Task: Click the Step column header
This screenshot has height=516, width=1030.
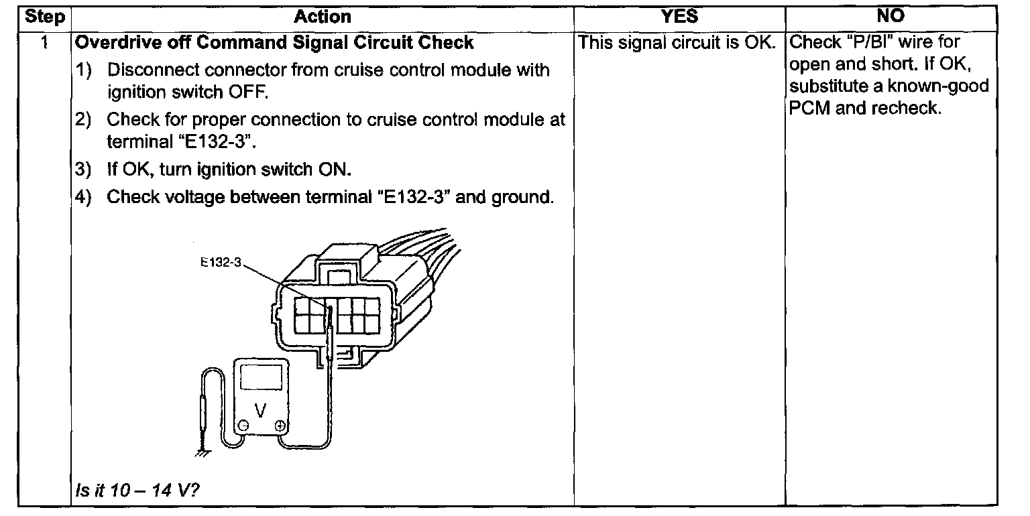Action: (45, 17)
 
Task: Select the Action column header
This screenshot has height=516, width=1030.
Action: (322, 17)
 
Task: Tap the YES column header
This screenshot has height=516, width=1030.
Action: (679, 17)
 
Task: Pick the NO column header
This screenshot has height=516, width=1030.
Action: (891, 17)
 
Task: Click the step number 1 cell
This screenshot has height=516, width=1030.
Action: (44, 43)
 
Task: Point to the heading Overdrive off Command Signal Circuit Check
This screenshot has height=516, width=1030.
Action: (274, 43)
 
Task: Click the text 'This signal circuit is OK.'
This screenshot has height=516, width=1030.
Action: (677, 43)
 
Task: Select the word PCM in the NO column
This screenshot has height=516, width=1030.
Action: (809, 108)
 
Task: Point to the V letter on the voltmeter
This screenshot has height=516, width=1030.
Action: (261, 407)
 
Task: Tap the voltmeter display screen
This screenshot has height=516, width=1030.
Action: (261, 378)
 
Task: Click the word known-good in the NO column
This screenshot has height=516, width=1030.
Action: (942, 86)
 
